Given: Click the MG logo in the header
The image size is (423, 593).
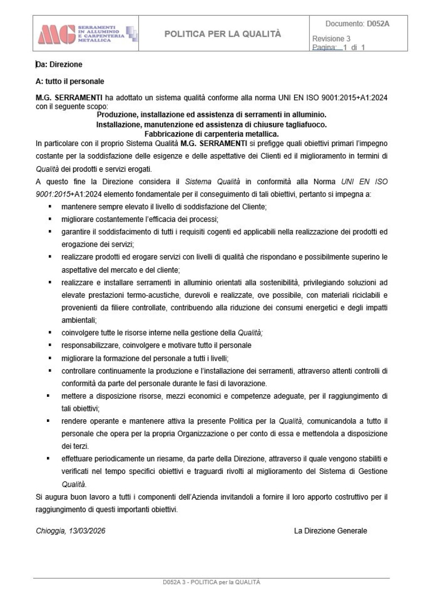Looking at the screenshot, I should (x=57, y=34).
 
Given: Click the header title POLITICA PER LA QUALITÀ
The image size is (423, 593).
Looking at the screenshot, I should (x=222, y=34).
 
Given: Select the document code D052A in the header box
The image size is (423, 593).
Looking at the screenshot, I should (x=378, y=24).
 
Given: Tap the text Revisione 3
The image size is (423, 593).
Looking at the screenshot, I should (x=331, y=39).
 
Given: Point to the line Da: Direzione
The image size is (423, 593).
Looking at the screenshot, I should (x=59, y=64).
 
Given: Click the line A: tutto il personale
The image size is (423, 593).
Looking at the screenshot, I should (x=70, y=81).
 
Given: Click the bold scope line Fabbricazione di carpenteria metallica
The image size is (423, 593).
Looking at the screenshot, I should (x=211, y=134).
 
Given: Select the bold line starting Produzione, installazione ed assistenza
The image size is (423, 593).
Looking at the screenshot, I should (x=211, y=115).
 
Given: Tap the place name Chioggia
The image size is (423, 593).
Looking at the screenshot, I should (x=50, y=531).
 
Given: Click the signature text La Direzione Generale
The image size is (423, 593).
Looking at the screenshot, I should (x=330, y=531).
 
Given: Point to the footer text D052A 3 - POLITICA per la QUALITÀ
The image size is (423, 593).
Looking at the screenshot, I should (x=211, y=582).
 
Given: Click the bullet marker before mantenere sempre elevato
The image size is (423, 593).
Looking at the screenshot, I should (x=50, y=207).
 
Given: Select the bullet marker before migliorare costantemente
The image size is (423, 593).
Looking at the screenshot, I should (x=50, y=219).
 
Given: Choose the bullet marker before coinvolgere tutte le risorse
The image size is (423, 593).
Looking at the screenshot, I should (x=50, y=333).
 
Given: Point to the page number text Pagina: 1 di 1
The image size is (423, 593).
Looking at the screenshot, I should (x=338, y=47).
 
